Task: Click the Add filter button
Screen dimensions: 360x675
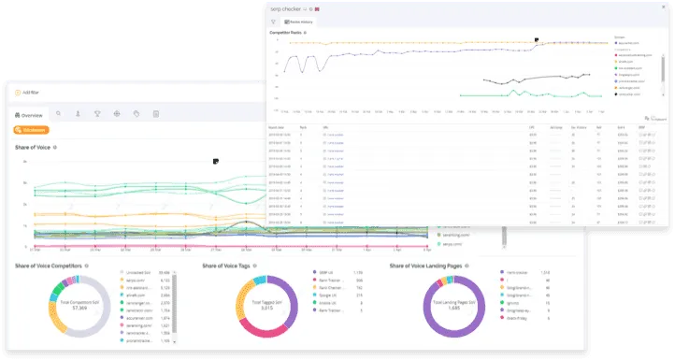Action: click(x=32, y=92)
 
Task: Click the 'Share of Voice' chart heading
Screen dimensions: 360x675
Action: click(x=34, y=148)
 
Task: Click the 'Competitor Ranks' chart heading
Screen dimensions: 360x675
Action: click(x=287, y=32)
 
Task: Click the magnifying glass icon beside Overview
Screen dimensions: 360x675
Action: click(x=58, y=114)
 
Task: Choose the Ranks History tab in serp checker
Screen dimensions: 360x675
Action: click(x=301, y=20)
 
